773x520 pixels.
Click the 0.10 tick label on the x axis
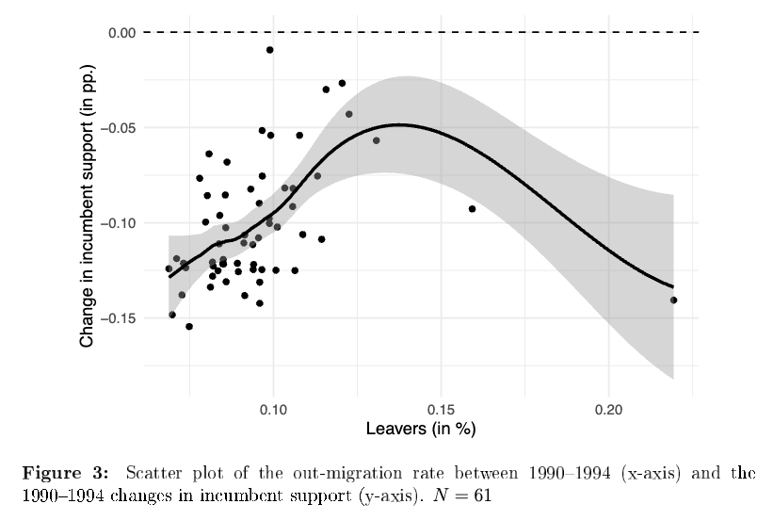[x=273, y=410]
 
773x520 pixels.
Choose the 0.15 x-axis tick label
[x=441, y=410]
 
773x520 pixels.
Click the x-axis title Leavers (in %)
[x=420, y=430]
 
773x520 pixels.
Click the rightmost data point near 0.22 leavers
[x=673, y=301]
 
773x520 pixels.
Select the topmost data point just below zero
[x=270, y=50]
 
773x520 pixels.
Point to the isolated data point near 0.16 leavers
[x=472, y=209]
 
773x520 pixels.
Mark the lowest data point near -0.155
[x=189, y=327]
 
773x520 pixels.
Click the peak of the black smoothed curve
[x=400, y=124]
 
